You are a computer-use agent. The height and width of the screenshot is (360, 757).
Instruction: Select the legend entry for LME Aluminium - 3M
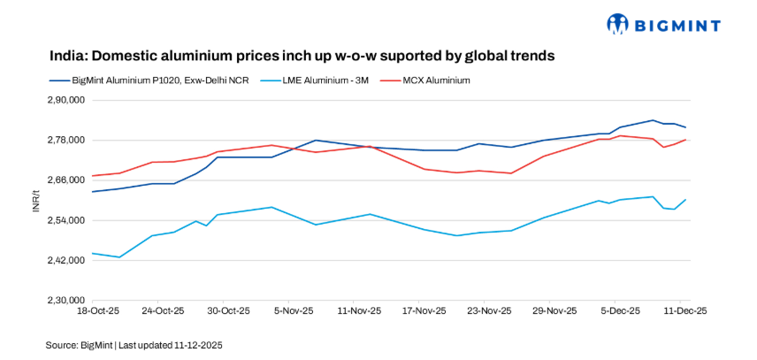click(x=320, y=80)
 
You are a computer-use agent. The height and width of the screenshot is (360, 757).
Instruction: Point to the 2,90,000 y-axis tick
click(x=66, y=100)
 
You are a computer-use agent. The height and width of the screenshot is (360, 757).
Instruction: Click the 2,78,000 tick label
click(x=66, y=140)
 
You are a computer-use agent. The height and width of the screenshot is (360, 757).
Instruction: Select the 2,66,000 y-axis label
click(x=66, y=180)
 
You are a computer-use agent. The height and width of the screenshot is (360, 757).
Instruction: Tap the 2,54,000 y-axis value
click(x=66, y=220)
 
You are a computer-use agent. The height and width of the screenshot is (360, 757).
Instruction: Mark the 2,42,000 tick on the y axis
click(x=66, y=260)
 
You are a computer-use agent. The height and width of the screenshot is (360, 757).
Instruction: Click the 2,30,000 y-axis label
click(x=66, y=301)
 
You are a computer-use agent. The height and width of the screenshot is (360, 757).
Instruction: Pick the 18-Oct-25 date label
click(x=99, y=311)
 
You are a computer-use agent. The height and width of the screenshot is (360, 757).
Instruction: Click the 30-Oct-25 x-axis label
click(x=228, y=311)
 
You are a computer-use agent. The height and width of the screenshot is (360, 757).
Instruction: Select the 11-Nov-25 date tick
click(x=359, y=311)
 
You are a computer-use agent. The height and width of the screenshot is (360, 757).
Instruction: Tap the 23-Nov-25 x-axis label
click(x=489, y=311)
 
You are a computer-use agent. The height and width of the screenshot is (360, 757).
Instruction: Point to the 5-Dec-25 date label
click(x=619, y=311)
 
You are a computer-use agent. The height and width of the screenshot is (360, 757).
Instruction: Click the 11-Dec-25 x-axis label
click(x=684, y=311)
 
